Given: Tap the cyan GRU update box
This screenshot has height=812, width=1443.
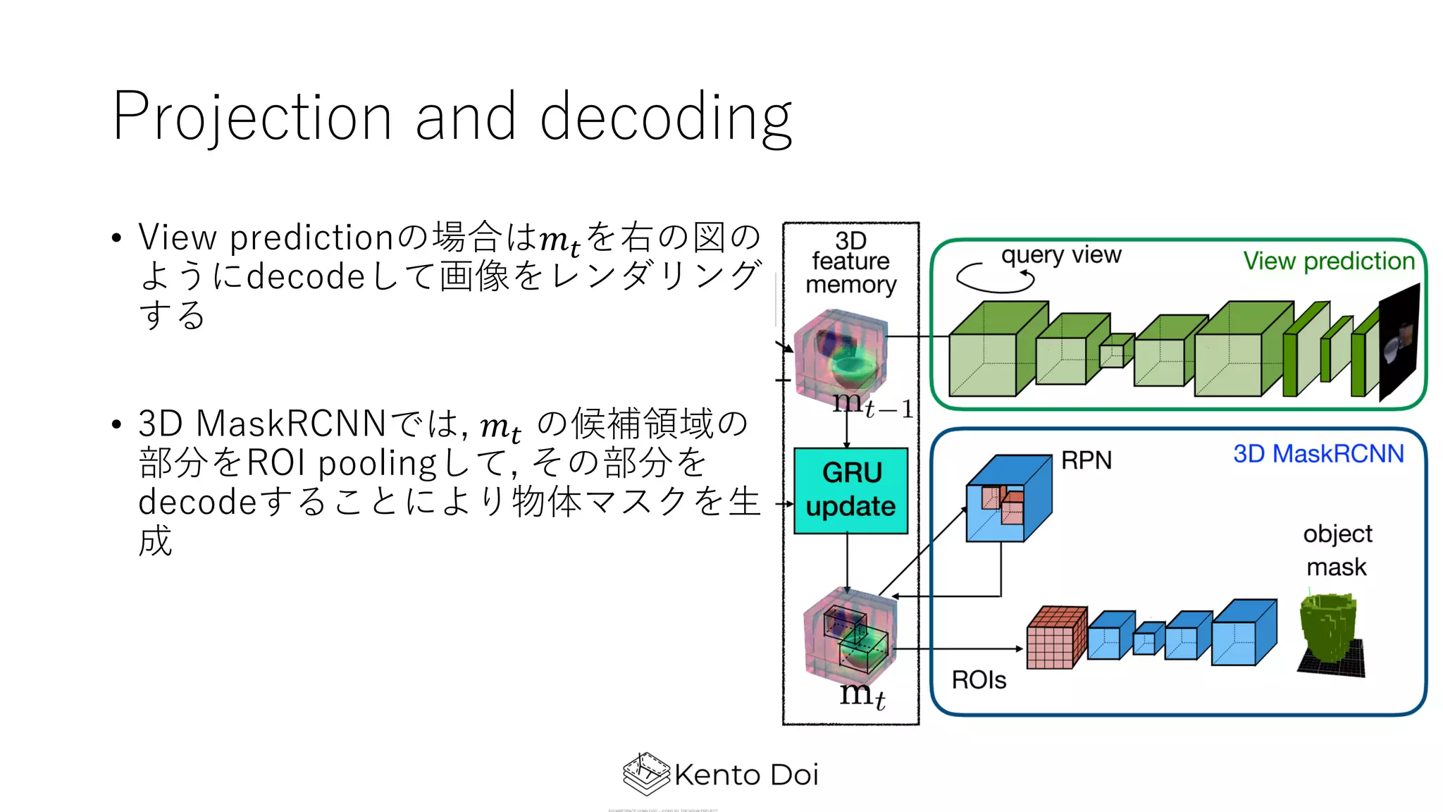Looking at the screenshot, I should tap(850, 491).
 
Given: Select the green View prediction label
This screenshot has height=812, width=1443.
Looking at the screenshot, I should tap(1328, 261).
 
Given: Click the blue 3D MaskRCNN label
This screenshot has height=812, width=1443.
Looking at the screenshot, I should tap(1318, 453).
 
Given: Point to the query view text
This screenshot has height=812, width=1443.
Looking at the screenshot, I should tap(1061, 255).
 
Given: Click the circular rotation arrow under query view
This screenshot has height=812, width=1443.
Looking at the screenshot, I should tap(994, 278).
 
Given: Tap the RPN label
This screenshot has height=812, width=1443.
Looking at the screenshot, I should tap(1086, 460).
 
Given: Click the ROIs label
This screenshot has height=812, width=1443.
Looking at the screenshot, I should tap(979, 680).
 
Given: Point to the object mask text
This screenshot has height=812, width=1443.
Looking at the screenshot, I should tap(1337, 550).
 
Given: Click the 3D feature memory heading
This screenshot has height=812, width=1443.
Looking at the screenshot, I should tap(850, 262).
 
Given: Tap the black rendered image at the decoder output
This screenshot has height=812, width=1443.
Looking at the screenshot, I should tap(1399, 342).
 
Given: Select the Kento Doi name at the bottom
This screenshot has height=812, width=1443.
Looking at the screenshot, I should tap(746, 775).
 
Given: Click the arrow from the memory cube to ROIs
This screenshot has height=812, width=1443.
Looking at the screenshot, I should tap(958, 648).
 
